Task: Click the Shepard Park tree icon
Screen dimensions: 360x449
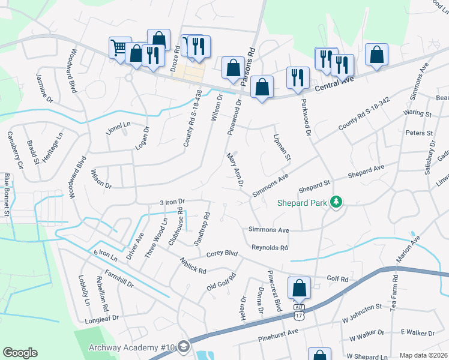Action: click(337, 202)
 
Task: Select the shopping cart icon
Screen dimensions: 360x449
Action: click(119, 47)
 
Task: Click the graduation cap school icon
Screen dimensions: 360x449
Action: click(183, 347)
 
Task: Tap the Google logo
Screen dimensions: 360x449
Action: click(20, 353)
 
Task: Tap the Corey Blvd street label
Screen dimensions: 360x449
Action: click(220, 254)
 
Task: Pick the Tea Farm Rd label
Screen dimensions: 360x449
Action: click(394, 292)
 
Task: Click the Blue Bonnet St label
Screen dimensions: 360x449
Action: click(7, 194)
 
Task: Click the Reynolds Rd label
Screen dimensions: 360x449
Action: click(270, 247)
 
